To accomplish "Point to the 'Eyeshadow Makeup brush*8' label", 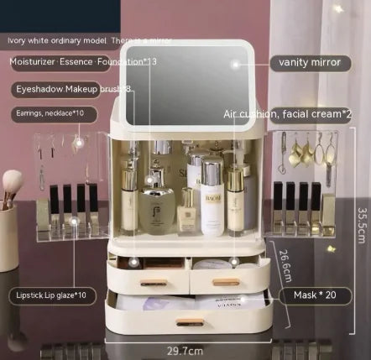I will click(72, 88).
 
